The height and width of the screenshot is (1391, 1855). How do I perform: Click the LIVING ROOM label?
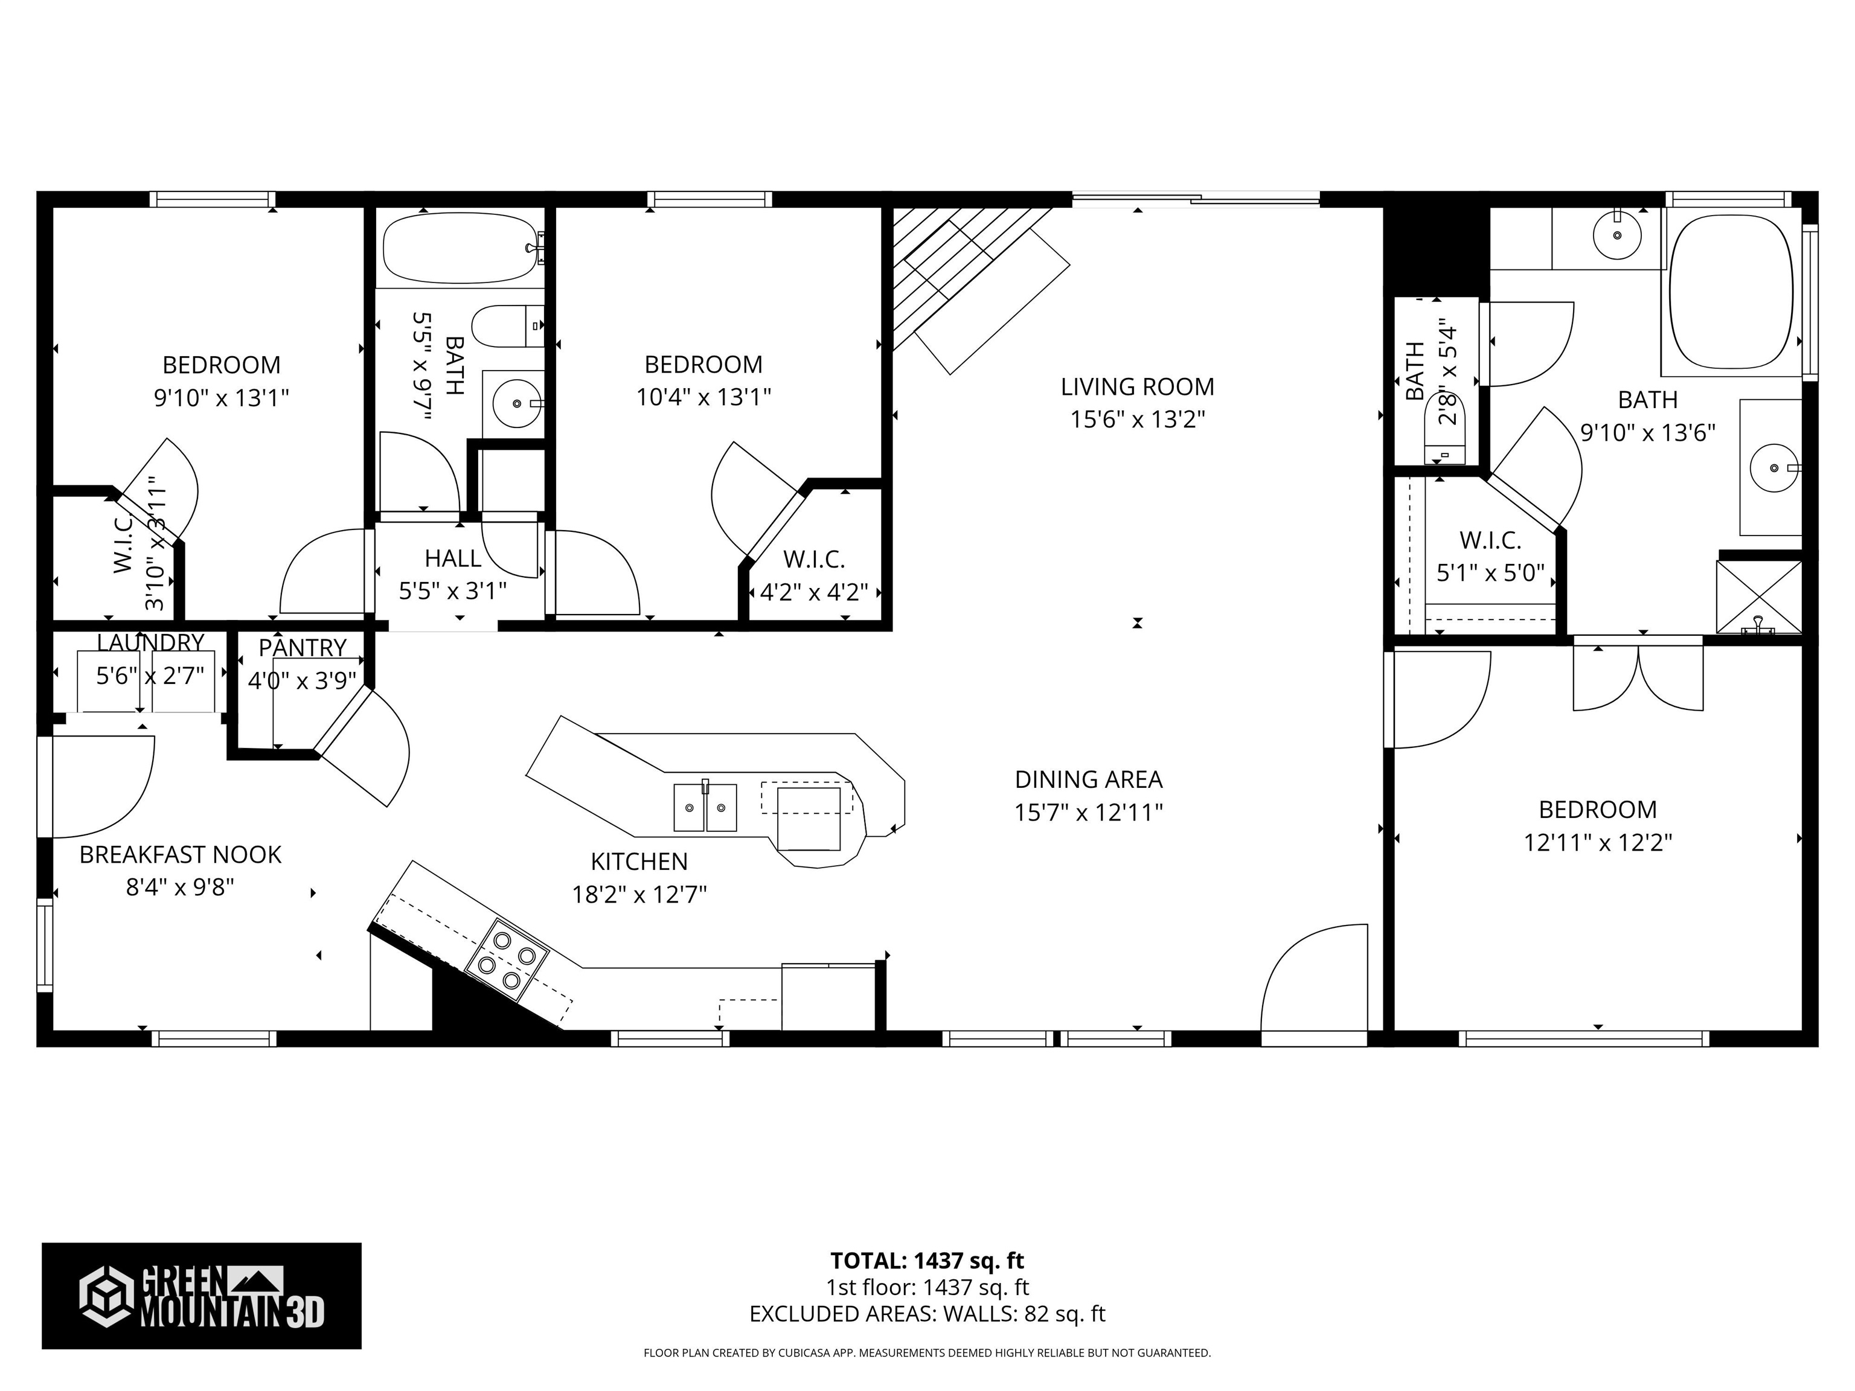point(1136,386)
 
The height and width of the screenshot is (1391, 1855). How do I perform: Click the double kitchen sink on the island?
point(705,807)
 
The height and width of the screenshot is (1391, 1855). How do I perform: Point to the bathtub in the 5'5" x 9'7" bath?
point(460,248)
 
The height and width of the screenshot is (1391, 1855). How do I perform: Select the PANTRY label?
point(302,647)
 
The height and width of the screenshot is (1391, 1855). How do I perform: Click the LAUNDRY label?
point(150,642)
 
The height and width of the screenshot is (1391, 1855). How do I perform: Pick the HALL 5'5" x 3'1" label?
point(452,574)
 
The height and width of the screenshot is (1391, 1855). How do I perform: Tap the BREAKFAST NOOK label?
point(181,854)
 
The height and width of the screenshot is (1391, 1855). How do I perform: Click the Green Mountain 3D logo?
point(201,1296)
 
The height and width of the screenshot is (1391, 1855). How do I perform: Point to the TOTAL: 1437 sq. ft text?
point(927,1260)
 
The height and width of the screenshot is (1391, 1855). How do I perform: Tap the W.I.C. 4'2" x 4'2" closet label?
point(813,575)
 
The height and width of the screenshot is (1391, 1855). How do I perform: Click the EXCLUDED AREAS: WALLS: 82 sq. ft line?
point(927,1314)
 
